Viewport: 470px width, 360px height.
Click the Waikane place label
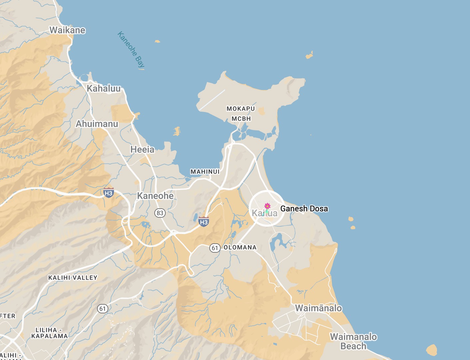point(67,30)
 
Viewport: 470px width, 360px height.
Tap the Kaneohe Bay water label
point(131,50)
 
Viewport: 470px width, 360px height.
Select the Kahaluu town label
point(104,89)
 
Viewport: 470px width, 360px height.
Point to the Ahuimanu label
point(97,124)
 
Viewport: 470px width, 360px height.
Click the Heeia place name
point(142,150)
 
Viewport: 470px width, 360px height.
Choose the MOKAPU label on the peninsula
point(241,109)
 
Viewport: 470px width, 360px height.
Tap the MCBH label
point(241,119)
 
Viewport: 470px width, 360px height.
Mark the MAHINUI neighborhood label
point(205,172)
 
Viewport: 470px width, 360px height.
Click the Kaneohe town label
point(155,196)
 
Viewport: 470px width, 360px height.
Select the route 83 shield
point(160,213)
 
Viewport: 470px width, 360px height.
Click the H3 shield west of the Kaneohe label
point(109,193)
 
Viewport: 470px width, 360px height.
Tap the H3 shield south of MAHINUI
point(204,222)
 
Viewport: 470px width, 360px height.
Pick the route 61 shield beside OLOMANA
point(215,248)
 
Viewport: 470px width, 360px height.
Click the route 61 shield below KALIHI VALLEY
point(103,309)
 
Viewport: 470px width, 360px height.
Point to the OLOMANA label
point(240,248)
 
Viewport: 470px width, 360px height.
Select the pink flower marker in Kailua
point(267,206)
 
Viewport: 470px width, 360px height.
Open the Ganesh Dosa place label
point(304,209)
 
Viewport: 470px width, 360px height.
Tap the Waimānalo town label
point(318,308)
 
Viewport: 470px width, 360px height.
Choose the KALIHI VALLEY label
point(73,278)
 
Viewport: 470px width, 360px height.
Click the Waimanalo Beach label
point(353,341)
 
